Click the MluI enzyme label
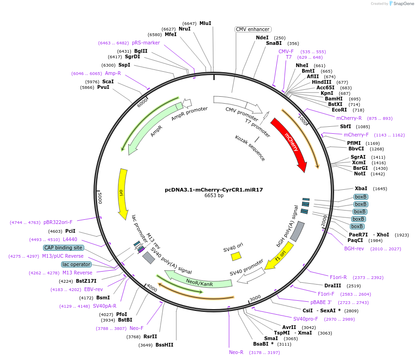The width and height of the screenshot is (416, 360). pyautogui.click(x=205, y=23)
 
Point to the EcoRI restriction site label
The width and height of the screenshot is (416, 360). pyautogui.click(x=339, y=110)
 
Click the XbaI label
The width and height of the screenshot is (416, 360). pyautogui.click(x=361, y=189)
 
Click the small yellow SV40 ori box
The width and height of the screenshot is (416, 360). pyautogui.click(x=236, y=256)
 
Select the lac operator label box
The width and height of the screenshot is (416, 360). pyautogui.click(x=76, y=264)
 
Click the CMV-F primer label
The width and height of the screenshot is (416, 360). pyautogui.click(x=286, y=51)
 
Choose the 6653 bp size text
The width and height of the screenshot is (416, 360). pyautogui.click(x=214, y=196)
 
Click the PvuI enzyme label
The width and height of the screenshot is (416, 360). pyautogui.click(x=103, y=87)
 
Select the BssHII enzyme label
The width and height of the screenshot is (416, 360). pyautogui.click(x=164, y=345)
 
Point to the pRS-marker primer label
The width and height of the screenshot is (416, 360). pyautogui.click(x=146, y=43)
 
